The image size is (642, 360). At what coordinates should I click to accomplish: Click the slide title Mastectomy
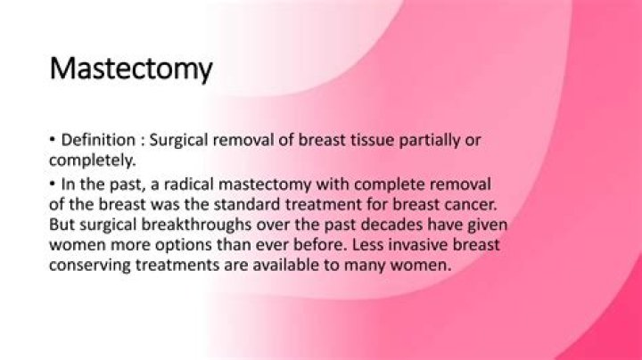click(130, 68)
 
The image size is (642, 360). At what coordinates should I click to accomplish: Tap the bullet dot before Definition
click(53, 141)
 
